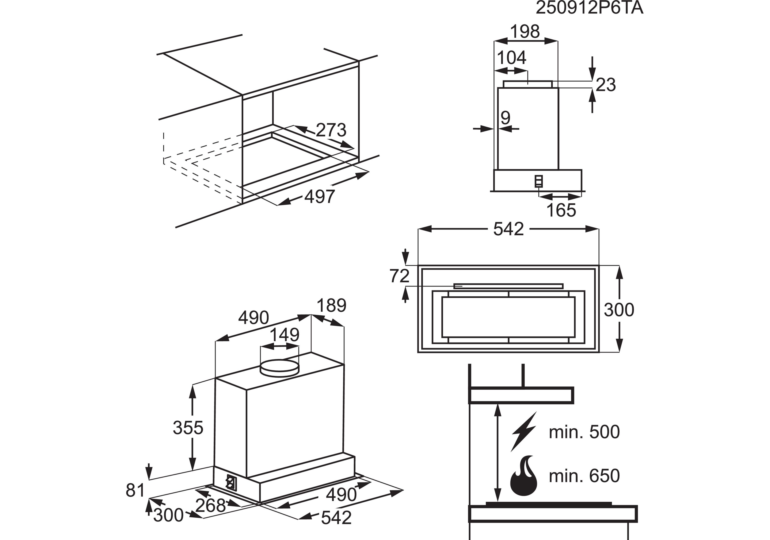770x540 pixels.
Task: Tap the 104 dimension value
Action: pyautogui.click(x=511, y=58)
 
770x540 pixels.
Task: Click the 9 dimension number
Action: pyautogui.click(x=505, y=118)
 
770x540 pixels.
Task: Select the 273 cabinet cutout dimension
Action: pyautogui.click(x=331, y=130)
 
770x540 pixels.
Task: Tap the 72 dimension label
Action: pyautogui.click(x=399, y=276)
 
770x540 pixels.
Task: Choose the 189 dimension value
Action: pyautogui.click(x=331, y=306)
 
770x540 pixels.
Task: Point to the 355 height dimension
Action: pyautogui.click(x=188, y=428)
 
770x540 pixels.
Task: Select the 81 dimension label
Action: pyautogui.click(x=135, y=490)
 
